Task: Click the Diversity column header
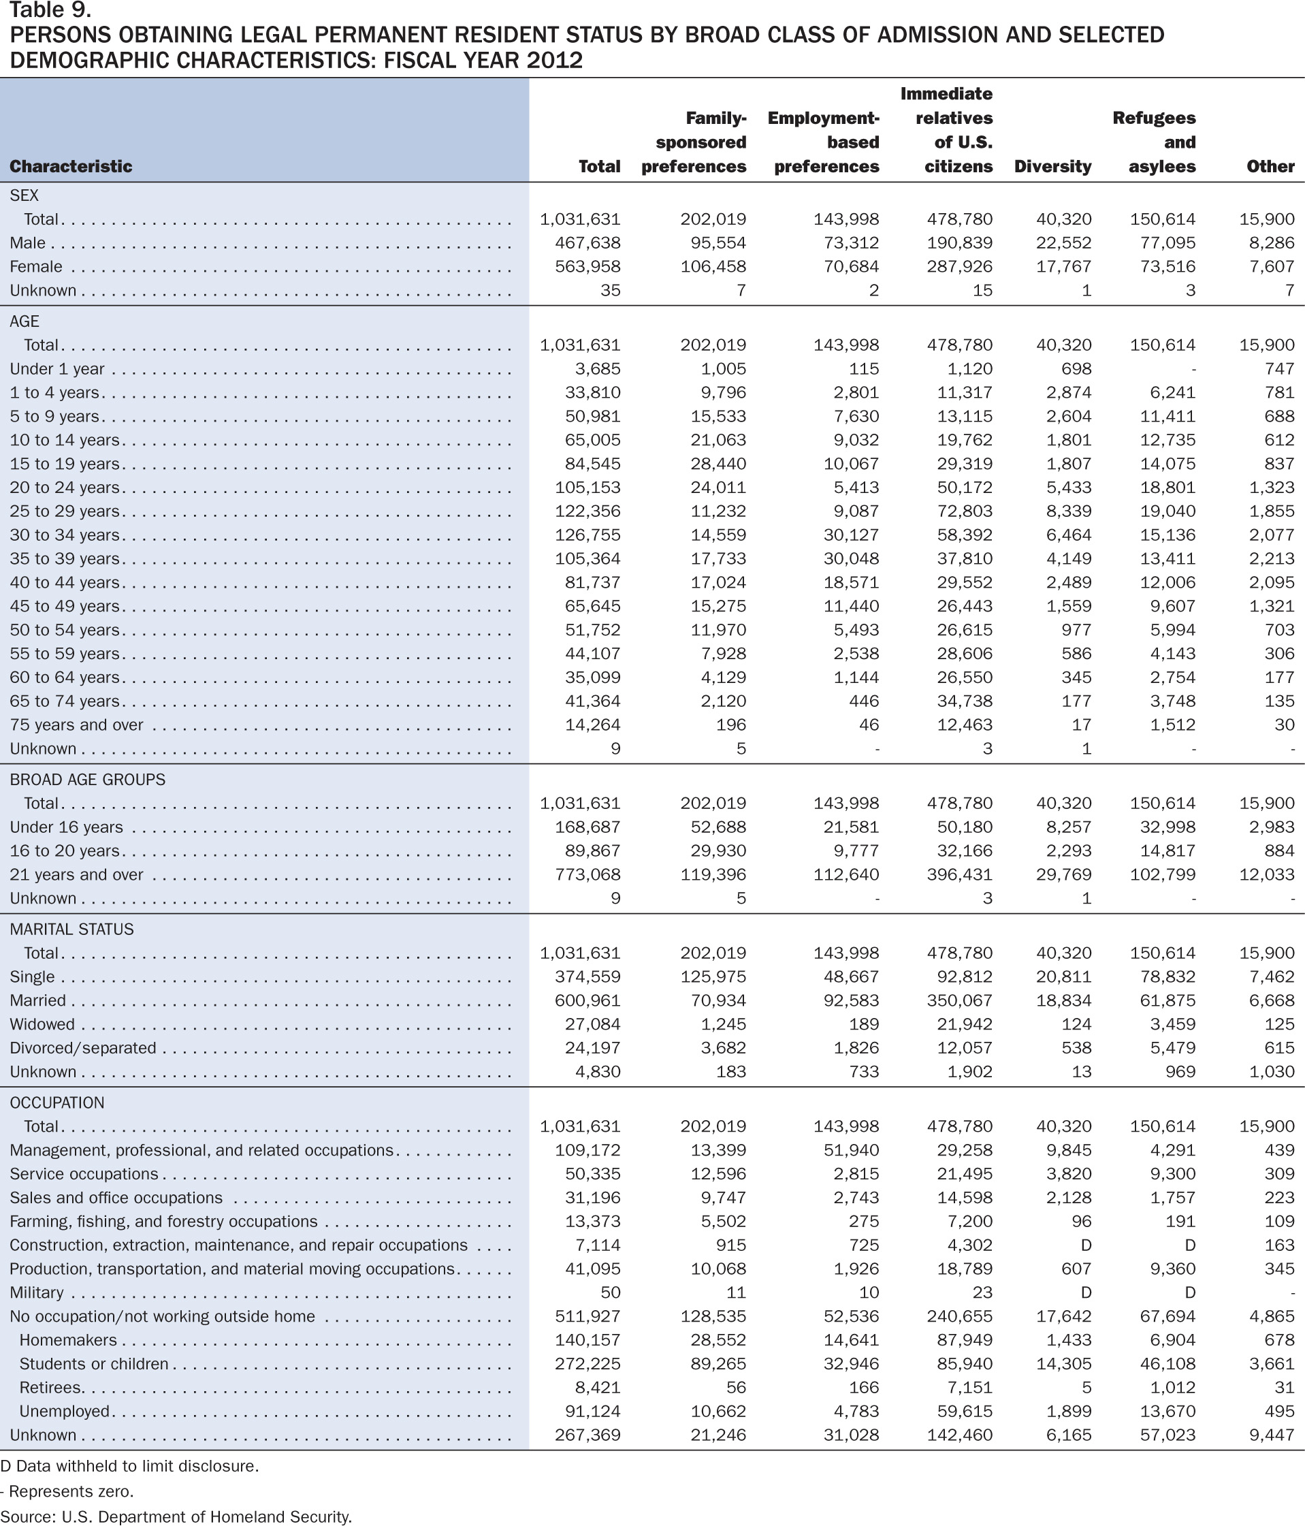(1052, 166)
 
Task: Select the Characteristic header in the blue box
(71, 166)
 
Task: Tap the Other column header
(1270, 166)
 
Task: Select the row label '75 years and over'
(77, 725)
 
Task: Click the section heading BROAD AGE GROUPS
(88, 779)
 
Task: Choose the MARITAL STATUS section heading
(71, 929)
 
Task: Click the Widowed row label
(42, 1024)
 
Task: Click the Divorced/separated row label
(83, 1048)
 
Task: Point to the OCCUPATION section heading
(57, 1102)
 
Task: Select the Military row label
(37, 1292)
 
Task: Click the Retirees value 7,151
(970, 1388)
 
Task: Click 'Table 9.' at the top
(51, 10)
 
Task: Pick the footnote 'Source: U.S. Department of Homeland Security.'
(177, 1516)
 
